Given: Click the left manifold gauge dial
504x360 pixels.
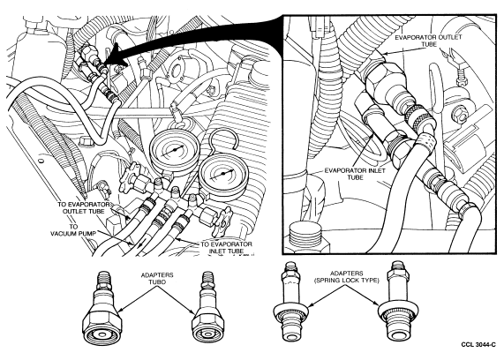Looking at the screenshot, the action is click(173, 151).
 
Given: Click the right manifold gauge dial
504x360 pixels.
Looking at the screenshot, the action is click(222, 175).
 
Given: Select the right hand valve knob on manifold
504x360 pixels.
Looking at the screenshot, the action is click(223, 221).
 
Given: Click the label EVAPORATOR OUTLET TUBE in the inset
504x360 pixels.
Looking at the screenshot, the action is click(428, 41).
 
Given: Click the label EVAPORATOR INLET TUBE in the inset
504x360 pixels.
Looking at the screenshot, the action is click(355, 174).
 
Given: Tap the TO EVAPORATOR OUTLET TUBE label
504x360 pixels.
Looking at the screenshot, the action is click(84, 207).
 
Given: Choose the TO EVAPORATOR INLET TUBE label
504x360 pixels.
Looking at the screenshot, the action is click(226, 247).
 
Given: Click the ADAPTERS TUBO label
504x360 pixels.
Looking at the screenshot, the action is click(157, 278).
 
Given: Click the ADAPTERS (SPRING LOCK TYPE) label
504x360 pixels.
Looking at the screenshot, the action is click(347, 277).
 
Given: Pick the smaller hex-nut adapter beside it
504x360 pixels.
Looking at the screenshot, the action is click(206, 311).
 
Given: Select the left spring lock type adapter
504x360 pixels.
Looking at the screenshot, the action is click(290, 304).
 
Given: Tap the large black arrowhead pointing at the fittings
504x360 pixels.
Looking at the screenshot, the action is click(117, 56).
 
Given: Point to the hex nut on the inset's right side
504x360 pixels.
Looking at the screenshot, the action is click(459, 113).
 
